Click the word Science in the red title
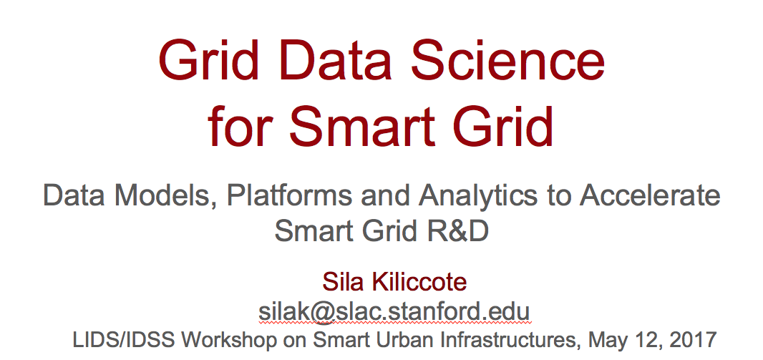point(507,61)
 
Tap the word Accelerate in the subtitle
point(649,195)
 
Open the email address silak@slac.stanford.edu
point(394,311)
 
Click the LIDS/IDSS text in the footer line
point(124,339)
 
